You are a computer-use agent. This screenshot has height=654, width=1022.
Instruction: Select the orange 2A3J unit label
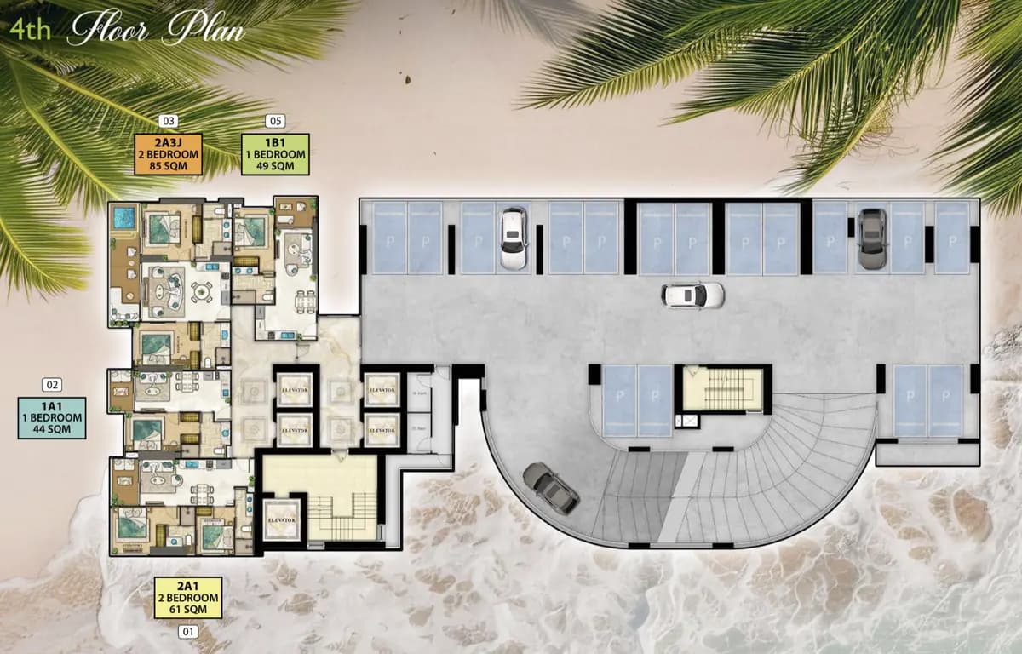tap(168, 154)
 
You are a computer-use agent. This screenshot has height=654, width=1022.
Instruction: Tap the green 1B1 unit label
tap(275, 154)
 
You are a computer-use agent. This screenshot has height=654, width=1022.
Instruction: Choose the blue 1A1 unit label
tap(52, 418)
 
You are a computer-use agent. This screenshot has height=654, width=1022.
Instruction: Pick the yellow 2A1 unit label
tap(188, 598)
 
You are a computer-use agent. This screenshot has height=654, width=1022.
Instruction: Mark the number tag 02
tap(53, 385)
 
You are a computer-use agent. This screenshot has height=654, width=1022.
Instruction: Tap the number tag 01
tap(188, 632)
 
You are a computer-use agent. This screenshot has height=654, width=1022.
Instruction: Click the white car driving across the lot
tap(693, 295)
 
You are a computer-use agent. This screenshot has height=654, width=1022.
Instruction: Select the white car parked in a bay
tap(513, 238)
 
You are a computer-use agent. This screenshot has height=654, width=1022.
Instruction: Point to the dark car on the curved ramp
tap(551, 487)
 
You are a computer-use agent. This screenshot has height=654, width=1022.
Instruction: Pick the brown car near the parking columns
tap(871, 238)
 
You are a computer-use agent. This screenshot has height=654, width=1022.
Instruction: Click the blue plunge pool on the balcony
tap(124, 218)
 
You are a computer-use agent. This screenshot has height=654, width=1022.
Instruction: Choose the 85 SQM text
tap(168, 166)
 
